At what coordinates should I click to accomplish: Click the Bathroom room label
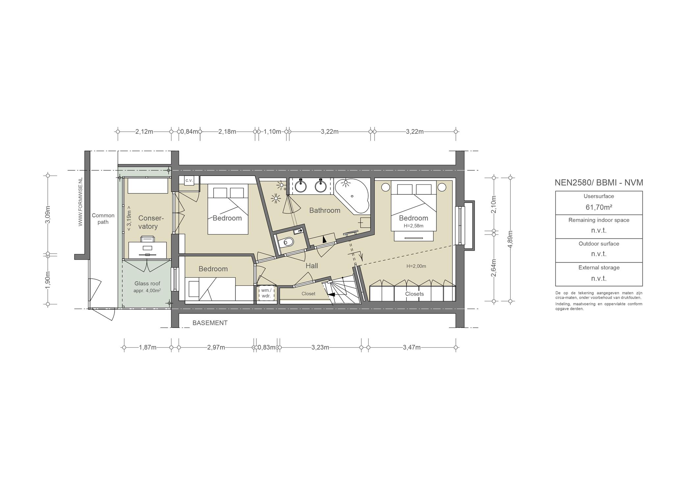[324, 210]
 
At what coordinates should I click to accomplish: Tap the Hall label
[312, 266]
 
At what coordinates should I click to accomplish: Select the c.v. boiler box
[189, 180]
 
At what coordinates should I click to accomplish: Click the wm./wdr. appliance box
[266, 293]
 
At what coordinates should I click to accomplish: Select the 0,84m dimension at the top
[189, 132]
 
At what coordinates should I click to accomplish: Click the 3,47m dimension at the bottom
[412, 347]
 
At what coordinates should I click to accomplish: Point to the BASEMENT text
[210, 323]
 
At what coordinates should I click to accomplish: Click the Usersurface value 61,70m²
[599, 207]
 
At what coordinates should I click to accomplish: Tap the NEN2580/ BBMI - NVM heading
[599, 182]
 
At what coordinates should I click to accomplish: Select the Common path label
[103, 219]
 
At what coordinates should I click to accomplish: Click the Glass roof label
[147, 284]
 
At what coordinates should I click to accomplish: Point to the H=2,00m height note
[416, 266]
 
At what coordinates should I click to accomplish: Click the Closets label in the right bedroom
[414, 294]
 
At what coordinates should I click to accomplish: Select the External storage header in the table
[599, 267]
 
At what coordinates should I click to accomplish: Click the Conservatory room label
[151, 222]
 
